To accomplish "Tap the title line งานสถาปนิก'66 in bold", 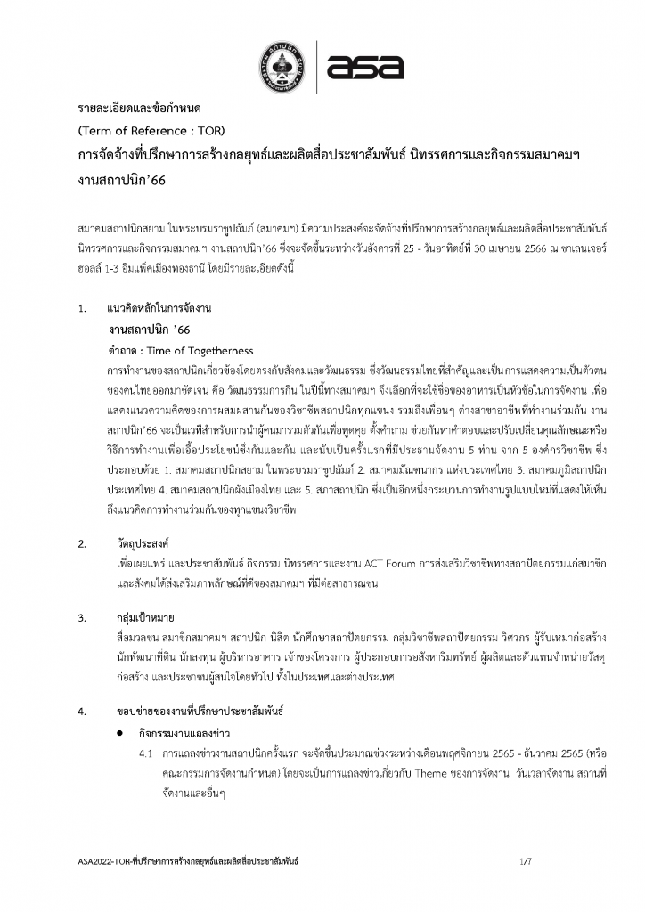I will click(122, 178).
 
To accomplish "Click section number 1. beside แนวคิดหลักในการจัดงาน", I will click(82, 309).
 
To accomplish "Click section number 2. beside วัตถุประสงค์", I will click(82, 543).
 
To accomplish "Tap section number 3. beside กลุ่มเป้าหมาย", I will click(82, 617).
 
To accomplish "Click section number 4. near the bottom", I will click(82, 712).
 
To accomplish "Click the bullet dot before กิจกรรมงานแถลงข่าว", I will click(118, 733).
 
